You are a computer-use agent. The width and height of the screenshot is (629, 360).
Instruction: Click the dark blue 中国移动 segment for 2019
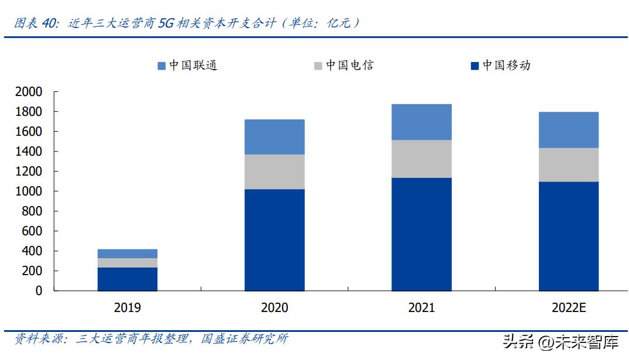pyautogui.click(x=128, y=279)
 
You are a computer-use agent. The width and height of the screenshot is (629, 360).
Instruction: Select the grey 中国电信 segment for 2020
pyautogui.click(x=274, y=172)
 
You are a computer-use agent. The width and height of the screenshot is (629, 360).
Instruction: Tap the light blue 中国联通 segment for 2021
pyautogui.click(x=421, y=122)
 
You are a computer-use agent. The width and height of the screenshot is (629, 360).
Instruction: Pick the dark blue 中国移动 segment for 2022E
pyautogui.click(x=568, y=236)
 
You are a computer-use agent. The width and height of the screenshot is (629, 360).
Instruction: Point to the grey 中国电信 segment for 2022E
pyautogui.click(x=568, y=164)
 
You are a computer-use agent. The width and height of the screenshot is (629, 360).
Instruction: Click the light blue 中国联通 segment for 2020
pyautogui.click(x=274, y=137)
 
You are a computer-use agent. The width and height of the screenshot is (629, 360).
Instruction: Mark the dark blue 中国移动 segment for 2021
pyautogui.click(x=421, y=234)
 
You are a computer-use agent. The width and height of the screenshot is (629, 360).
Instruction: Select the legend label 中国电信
pyautogui.click(x=349, y=66)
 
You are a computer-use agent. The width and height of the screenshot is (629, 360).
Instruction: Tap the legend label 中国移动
pyautogui.click(x=506, y=66)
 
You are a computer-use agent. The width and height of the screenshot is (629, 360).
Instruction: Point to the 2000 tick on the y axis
pyautogui.click(x=29, y=92)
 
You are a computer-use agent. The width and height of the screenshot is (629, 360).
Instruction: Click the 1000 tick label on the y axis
pyautogui.click(x=29, y=191)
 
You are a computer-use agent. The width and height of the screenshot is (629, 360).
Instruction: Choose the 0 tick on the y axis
pyautogui.click(x=39, y=291)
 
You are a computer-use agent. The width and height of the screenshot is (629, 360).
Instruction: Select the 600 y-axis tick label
pyautogui.click(x=32, y=231)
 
